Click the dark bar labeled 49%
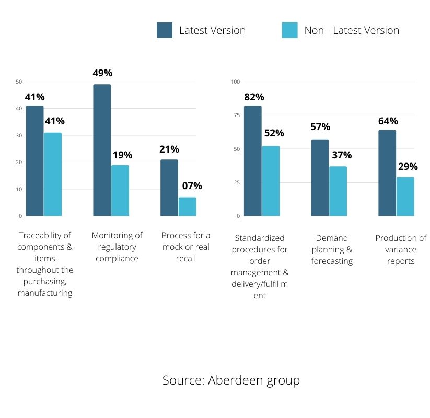click(102, 150)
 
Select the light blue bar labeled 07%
click(187, 206)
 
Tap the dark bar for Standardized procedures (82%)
click(252, 161)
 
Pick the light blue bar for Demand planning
click(338, 191)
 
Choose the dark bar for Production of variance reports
click(387, 173)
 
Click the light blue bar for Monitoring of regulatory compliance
click(120, 190)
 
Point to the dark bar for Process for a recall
click(169, 188)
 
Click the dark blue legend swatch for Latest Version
click(165, 30)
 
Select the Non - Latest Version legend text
click(352, 30)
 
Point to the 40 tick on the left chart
click(19, 109)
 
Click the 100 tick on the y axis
click(235, 82)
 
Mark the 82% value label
click(254, 97)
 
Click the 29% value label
click(408, 167)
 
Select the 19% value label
click(122, 155)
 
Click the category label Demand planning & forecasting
click(332, 249)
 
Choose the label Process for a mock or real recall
click(186, 247)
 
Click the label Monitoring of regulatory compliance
click(117, 247)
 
